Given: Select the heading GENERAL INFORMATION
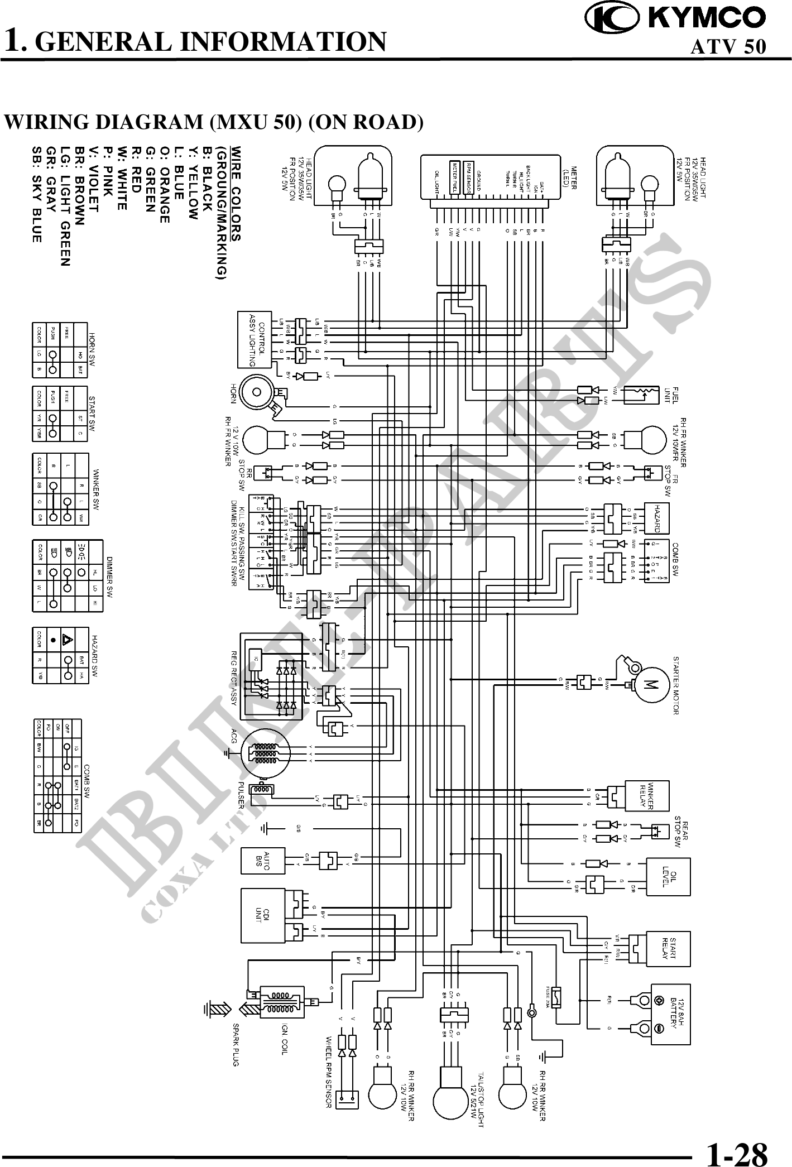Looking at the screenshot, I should click(x=214, y=41).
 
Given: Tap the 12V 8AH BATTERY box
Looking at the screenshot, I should click(x=673, y=1013).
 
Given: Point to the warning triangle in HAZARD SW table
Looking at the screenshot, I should click(x=68, y=639).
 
